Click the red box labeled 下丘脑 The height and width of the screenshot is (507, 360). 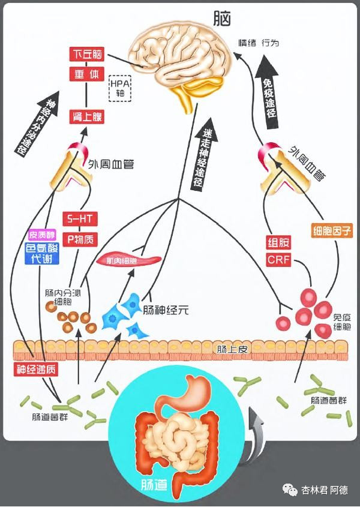[86, 54]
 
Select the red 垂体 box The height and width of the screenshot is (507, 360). [86, 74]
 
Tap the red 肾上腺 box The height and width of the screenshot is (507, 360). [86, 117]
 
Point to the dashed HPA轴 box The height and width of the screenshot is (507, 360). [120, 88]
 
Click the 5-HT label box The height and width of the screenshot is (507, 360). [80, 219]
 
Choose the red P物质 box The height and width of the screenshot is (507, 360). [80, 239]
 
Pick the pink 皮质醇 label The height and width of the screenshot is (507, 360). [42, 235]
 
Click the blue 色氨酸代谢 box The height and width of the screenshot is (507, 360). [42, 253]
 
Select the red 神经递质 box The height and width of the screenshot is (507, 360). [36, 369]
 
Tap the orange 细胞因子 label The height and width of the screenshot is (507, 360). [332, 231]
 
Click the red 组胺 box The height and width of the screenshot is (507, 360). [278, 242]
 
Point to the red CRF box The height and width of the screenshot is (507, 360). [278, 260]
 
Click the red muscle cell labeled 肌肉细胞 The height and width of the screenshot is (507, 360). [129, 260]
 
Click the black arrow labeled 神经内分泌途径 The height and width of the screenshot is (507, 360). [38, 123]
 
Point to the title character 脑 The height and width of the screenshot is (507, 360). [222, 19]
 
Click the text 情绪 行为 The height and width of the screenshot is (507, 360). [259, 43]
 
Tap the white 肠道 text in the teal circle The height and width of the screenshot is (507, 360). [154, 484]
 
